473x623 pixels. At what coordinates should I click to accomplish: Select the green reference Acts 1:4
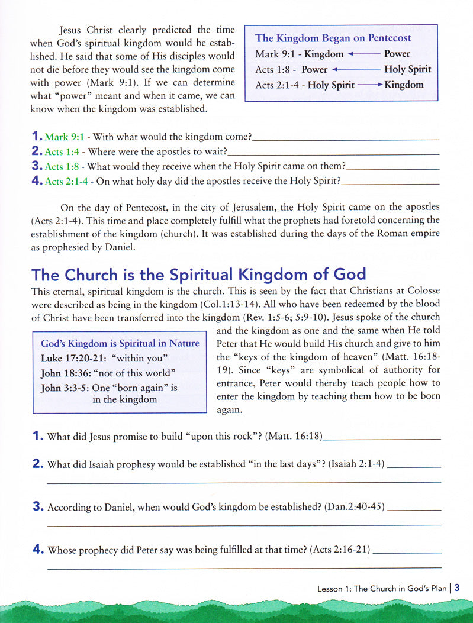[62, 152]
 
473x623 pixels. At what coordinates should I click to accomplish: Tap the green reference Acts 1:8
[62, 167]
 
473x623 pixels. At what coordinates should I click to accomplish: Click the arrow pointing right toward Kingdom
[370, 85]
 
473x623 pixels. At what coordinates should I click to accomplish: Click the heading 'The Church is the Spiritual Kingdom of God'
[199, 275]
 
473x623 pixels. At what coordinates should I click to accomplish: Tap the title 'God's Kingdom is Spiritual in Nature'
[120, 343]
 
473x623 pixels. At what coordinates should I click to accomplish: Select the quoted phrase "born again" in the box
[143, 388]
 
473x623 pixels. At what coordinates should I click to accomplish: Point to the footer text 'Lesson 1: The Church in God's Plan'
[381, 589]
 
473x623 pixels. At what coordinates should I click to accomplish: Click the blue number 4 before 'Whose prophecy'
[38, 550]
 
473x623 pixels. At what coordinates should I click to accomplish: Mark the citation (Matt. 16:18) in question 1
[294, 437]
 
